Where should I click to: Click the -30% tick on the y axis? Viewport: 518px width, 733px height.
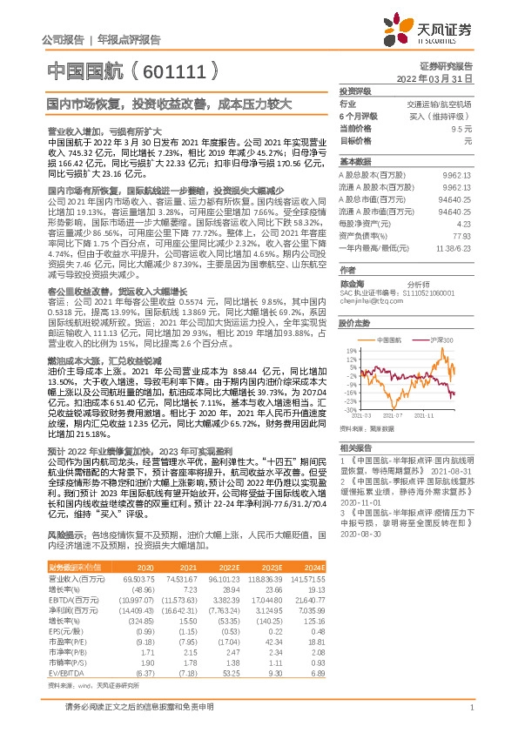pos(352,408)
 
